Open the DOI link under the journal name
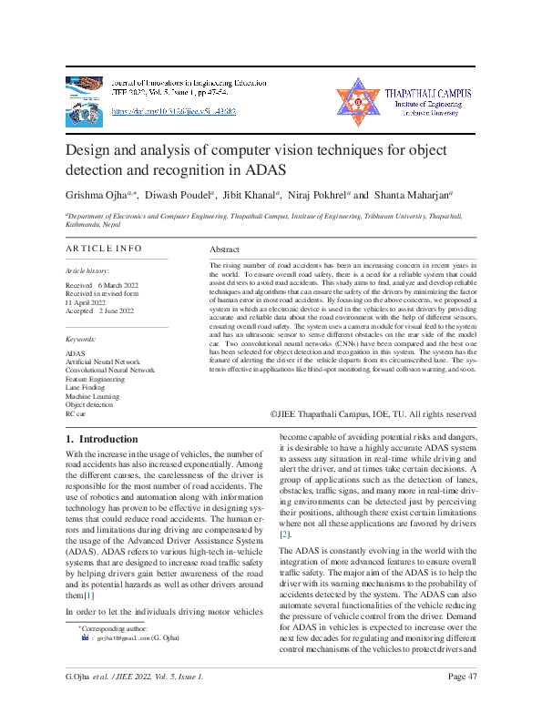click(174, 111)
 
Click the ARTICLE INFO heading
click(104, 248)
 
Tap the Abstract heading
click(224, 249)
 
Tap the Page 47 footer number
click(463, 700)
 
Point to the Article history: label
click(87, 271)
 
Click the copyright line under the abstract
click(373, 413)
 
